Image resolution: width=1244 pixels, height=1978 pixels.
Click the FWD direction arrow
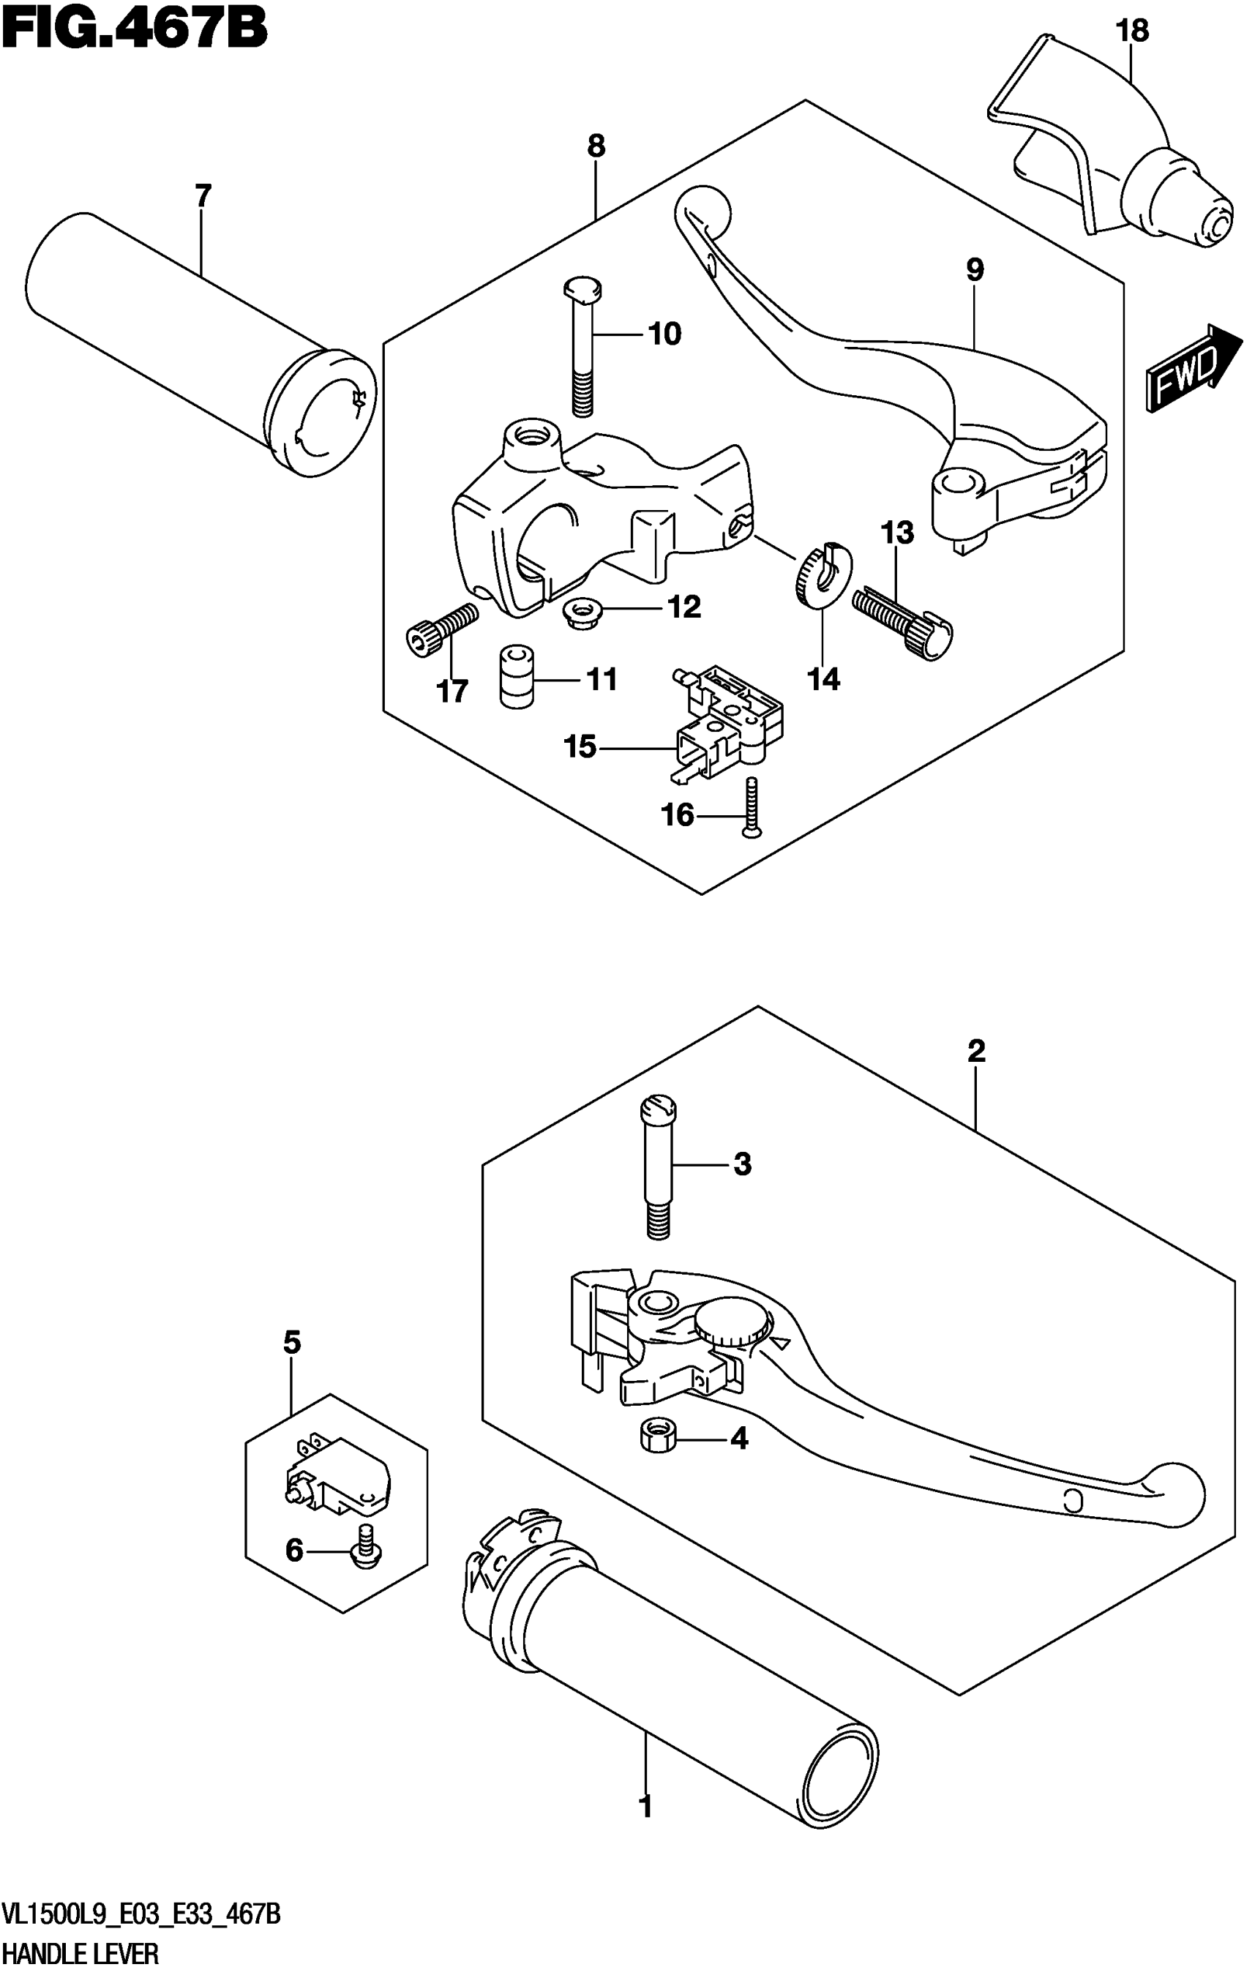click(x=1193, y=367)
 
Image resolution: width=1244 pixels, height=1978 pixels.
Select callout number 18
click(x=1131, y=31)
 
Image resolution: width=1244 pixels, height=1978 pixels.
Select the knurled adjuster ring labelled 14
click(x=823, y=575)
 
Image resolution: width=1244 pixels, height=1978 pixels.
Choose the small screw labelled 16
click(x=752, y=809)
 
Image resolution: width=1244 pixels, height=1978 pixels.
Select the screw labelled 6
click(x=362, y=1548)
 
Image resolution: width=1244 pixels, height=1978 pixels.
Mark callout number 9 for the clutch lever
click(x=975, y=269)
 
